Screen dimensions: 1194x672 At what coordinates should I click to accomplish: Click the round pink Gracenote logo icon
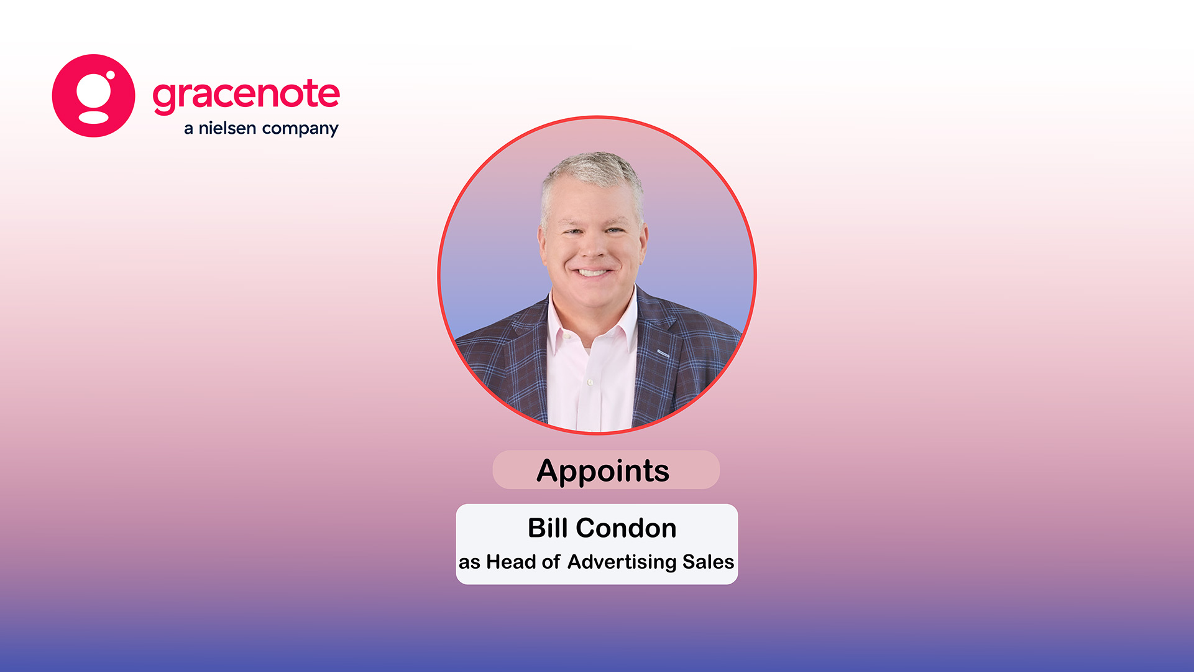point(93,96)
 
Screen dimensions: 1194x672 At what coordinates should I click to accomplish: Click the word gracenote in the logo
point(246,95)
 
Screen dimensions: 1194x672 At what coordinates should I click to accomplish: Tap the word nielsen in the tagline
point(227,128)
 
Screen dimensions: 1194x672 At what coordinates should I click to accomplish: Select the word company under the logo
point(300,129)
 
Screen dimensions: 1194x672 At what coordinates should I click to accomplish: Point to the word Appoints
point(603,471)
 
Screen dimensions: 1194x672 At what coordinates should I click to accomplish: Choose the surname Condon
point(626,528)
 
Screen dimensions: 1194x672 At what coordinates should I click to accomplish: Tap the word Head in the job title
point(511,562)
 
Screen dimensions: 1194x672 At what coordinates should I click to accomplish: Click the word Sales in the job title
point(708,562)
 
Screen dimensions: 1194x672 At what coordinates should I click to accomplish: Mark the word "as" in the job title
point(469,563)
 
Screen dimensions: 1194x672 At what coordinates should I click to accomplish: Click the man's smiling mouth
point(592,272)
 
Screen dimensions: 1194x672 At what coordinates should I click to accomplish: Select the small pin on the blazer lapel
point(663,353)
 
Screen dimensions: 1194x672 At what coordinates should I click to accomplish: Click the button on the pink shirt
point(590,381)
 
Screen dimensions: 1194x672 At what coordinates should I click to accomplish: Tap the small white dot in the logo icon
point(110,75)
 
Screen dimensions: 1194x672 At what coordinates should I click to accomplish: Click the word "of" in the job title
point(551,562)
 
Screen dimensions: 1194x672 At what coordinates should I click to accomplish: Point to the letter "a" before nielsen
point(189,129)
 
